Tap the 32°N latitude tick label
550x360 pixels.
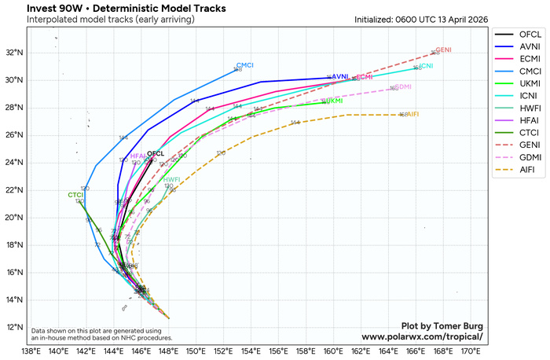pyautogui.click(x=16, y=53)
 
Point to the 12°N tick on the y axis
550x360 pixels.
pyautogui.click(x=16, y=327)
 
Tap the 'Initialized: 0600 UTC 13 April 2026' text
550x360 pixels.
pyautogui.click(x=421, y=19)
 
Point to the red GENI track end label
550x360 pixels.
pyautogui.click(x=444, y=50)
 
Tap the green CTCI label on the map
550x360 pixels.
pyautogui.click(x=75, y=194)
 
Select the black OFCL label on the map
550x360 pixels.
pyautogui.click(x=156, y=153)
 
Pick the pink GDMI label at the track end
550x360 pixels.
pyautogui.click(x=403, y=87)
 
